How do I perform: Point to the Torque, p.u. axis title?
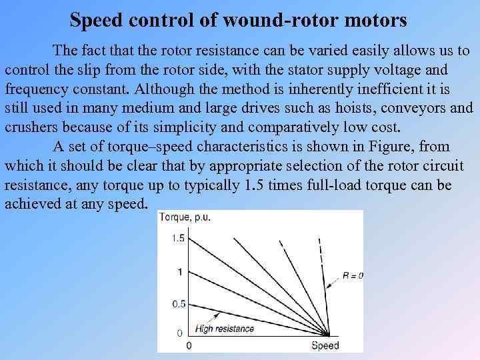185,217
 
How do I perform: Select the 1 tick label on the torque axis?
179,271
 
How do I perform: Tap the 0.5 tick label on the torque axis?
178,304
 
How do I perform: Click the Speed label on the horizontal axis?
325,345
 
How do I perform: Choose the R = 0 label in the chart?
352,275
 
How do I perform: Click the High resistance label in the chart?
225,328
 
